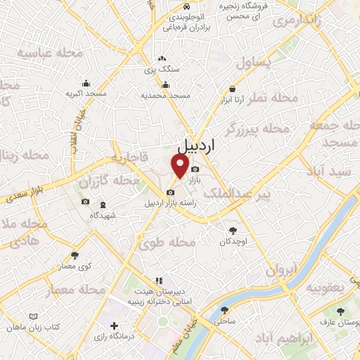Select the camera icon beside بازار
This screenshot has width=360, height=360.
(195, 169)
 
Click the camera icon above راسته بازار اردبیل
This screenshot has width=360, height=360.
(169, 192)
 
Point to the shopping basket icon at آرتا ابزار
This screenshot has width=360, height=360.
(233, 89)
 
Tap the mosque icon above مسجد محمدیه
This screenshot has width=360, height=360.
(165, 84)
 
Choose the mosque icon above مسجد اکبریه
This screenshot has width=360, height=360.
(86, 83)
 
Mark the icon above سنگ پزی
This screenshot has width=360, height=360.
(162, 59)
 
